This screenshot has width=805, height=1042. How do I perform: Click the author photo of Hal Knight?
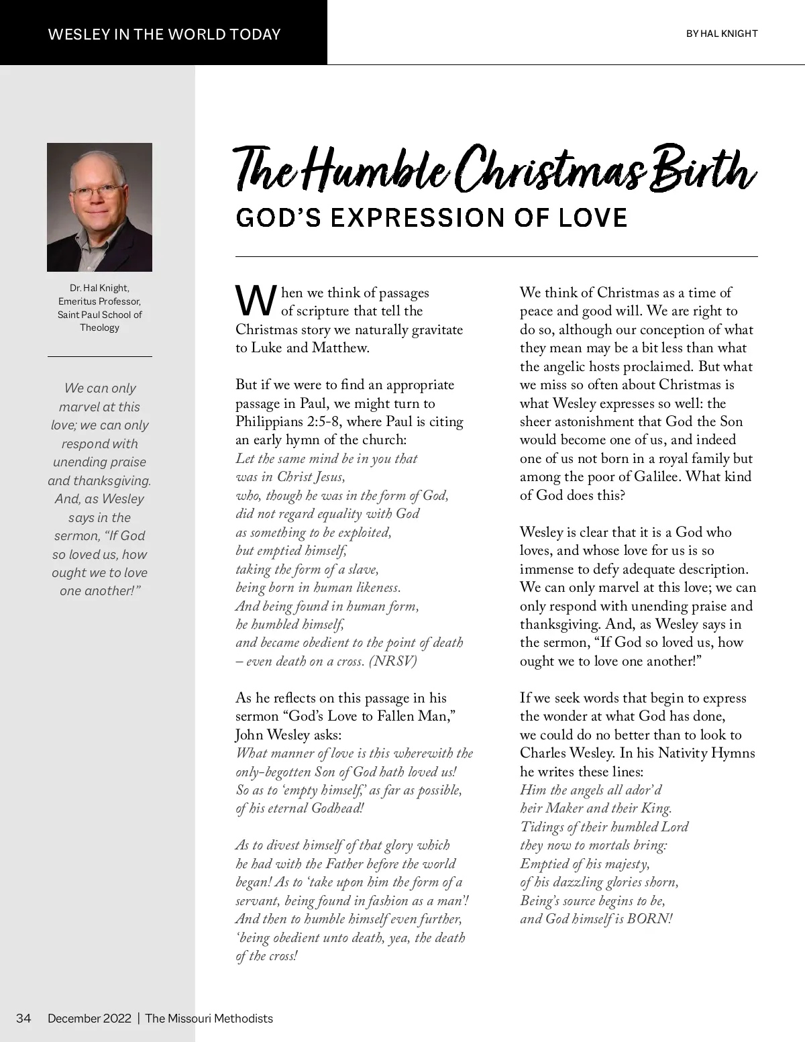pyautogui.click(x=99, y=207)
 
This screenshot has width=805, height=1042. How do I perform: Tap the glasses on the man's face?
pyautogui.click(x=98, y=192)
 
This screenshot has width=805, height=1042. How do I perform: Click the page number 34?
pyautogui.click(x=23, y=1018)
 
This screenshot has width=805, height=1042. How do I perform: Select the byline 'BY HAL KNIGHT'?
pyautogui.click(x=721, y=34)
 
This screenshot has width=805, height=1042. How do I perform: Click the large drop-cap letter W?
pyautogui.click(x=256, y=301)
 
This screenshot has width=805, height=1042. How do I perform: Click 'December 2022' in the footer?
pyautogui.click(x=89, y=1018)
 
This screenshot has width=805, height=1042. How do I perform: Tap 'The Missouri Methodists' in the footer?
pyautogui.click(x=209, y=1018)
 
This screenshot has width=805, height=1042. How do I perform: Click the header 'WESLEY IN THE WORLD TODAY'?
pyautogui.click(x=164, y=34)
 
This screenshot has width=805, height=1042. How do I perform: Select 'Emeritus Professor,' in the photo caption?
pyautogui.click(x=99, y=301)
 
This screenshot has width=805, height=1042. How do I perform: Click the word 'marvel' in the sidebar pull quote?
pyautogui.click(x=79, y=407)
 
